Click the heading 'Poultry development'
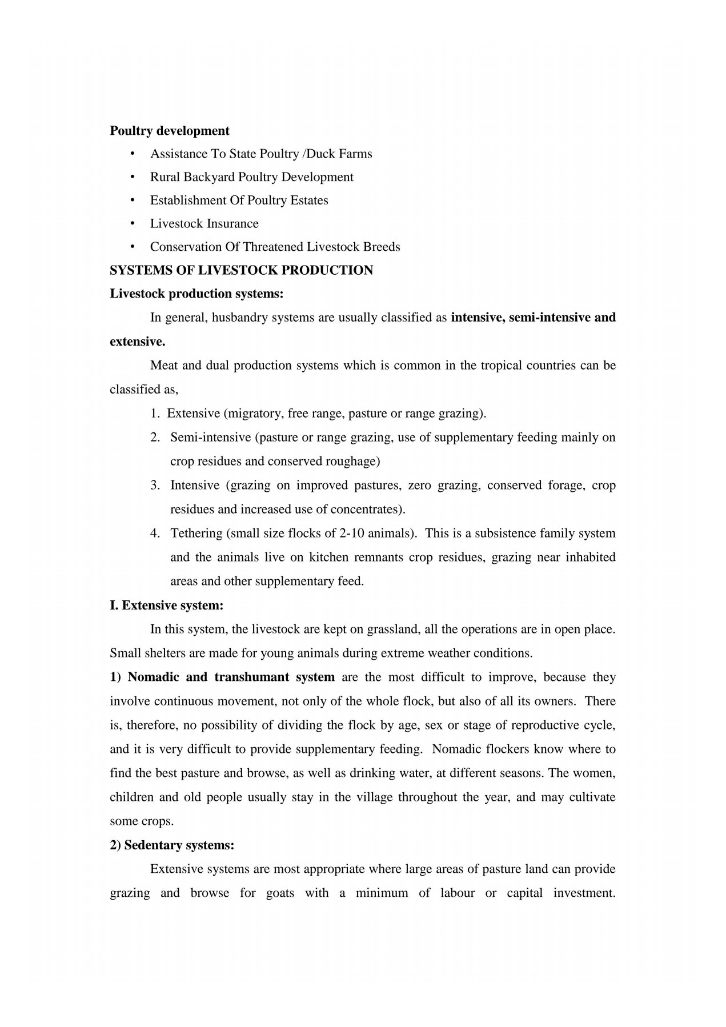pyautogui.click(x=169, y=131)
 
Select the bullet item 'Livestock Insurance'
pyautogui.click(x=204, y=223)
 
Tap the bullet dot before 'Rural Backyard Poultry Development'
pyautogui.click(x=133, y=177)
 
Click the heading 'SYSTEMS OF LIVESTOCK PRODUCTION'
pyautogui.click(x=241, y=270)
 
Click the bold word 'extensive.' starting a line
pyautogui.click(x=137, y=342)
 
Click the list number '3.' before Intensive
pyautogui.click(x=155, y=486)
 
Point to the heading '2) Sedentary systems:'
pyautogui.click(x=172, y=845)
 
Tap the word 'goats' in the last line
pyautogui.click(x=280, y=893)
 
